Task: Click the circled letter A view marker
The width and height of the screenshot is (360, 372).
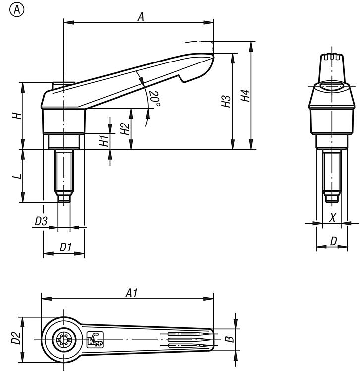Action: [x=16, y=10]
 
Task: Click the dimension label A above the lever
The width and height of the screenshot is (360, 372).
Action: [x=140, y=16]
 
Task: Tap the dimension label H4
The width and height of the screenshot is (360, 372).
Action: [x=244, y=95]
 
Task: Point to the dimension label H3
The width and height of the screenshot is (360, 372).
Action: [x=226, y=102]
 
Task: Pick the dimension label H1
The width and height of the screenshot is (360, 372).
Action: [x=104, y=140]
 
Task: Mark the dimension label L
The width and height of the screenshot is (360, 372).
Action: [x=16, y=176]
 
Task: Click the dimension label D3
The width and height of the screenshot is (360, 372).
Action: [x=41, y=222]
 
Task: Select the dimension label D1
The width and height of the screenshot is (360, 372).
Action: [x=66, y=246]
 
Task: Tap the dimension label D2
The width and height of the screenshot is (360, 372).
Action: [x=16, y=339]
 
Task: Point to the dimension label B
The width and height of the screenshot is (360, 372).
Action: [x=228, y=340]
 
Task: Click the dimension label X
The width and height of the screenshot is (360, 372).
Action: [x=333, y=217]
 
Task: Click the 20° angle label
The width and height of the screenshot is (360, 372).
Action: [x=154, y=99]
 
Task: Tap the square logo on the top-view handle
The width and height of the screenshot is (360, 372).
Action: [x=94, y=339]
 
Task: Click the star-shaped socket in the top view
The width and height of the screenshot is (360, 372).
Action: [x=62, y=340]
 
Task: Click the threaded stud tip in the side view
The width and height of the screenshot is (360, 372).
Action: [x=62, y=198]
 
